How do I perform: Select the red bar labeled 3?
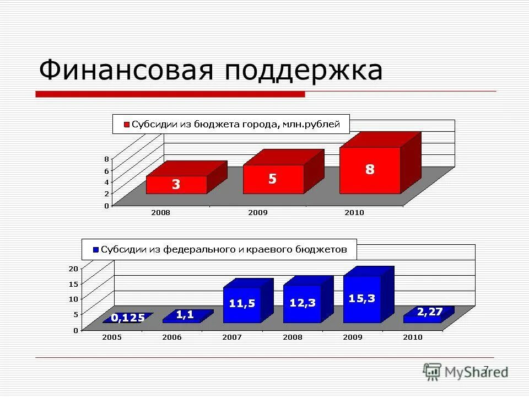click(176, 185)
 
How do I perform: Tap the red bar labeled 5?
click(273, 179)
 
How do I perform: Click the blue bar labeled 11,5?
click(242, 304)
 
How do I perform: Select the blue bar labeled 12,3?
click(302, 303)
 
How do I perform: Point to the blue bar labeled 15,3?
click(362, 299)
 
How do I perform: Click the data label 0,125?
click(128, 318)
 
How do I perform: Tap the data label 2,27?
click(430, 312)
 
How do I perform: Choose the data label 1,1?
click(185, 314)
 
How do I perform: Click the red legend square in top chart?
click(126, 125)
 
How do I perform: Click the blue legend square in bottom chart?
click(95, 250)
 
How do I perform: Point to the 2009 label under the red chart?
click(258, 212)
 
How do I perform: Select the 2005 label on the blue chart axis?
click(113, 337)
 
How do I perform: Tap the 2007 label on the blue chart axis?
click(232, 337)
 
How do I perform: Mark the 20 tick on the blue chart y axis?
click(73, 269)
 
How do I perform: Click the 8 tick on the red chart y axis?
click(106, 159)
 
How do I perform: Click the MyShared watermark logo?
click(465, 372)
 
